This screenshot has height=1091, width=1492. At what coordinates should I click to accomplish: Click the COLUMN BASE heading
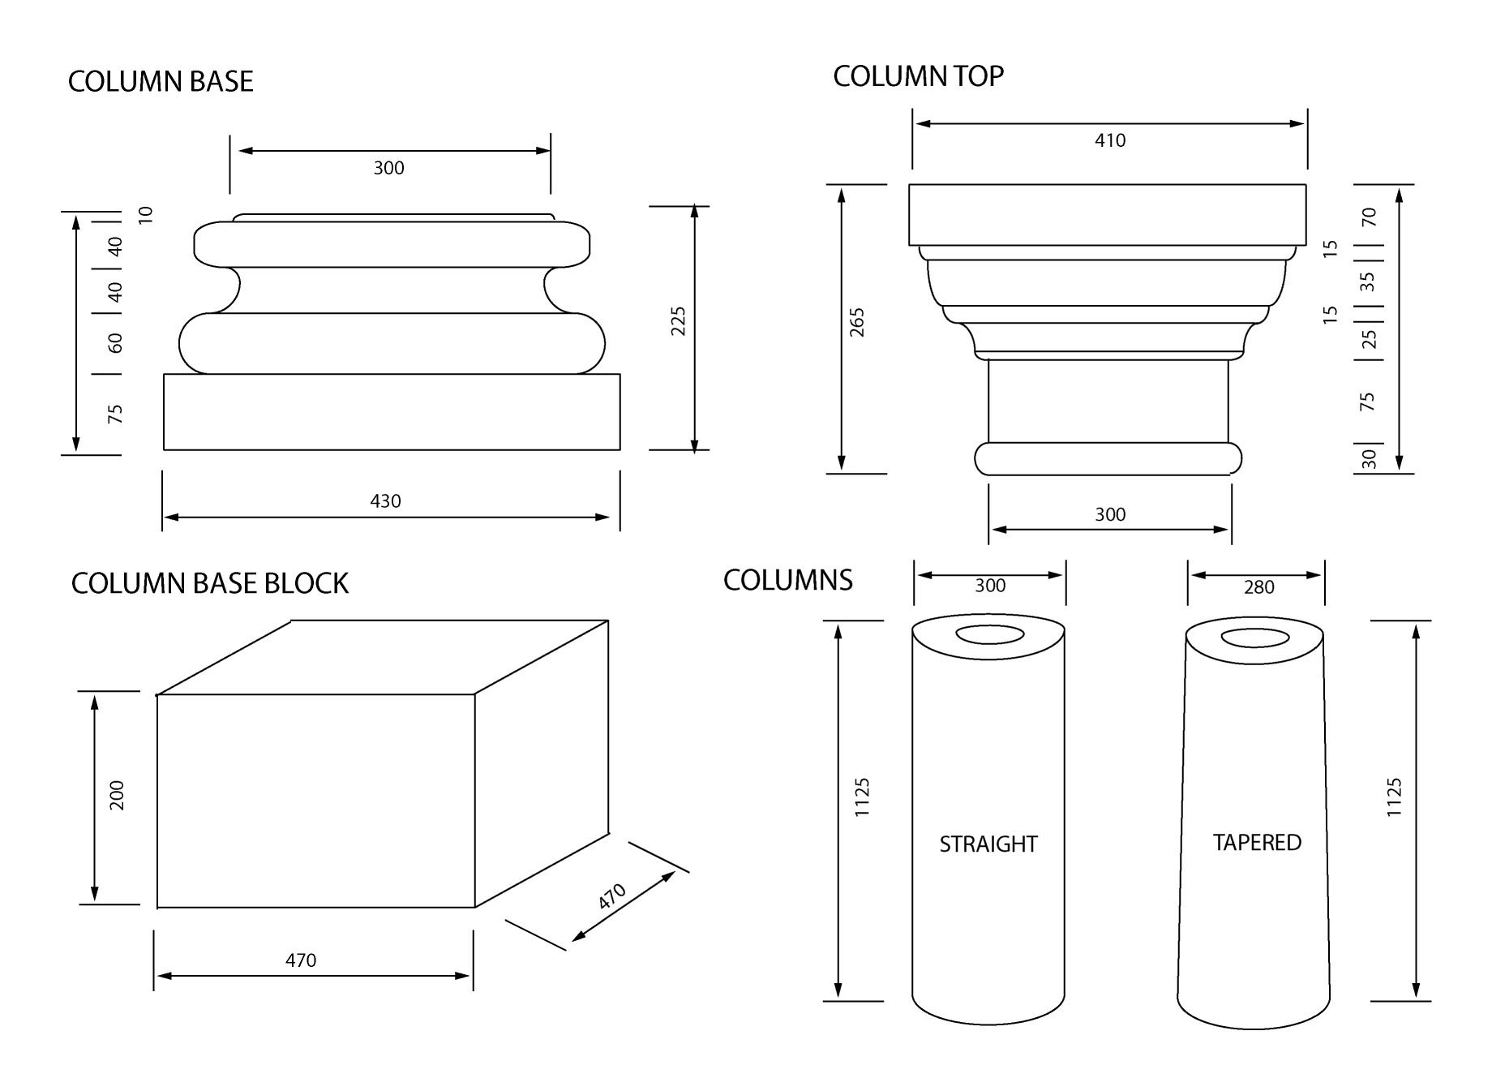point(161,82)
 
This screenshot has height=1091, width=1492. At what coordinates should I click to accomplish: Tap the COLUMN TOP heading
point(918,76)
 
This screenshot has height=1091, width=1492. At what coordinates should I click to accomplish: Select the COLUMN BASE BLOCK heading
point(210,584)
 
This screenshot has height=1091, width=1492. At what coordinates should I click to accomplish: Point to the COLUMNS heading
point(787,581)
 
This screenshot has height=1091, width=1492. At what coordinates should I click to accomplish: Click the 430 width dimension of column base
point(385,501)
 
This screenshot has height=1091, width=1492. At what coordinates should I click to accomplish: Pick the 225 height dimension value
point(679,321)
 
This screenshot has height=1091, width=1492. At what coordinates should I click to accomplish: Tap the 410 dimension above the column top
point(1110,140)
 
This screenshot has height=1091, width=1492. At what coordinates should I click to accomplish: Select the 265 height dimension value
point(857,323)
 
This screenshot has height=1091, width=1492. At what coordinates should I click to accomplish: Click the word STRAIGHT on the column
point(988,844)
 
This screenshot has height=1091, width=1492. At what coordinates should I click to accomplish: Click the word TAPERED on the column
point(1257,843)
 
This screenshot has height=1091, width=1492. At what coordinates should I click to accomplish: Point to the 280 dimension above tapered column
point(1258,587)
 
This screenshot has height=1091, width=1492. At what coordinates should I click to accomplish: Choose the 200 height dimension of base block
point(117,796)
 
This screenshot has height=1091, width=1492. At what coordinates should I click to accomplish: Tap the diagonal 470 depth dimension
point(612,896)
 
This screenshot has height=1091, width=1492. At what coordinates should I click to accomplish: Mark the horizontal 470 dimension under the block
point(301,960)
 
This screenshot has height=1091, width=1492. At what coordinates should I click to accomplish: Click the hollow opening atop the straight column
point(988,634)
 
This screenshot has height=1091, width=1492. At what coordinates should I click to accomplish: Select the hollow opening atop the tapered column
point(1254,638)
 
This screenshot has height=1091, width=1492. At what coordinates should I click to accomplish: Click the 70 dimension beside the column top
point(1369,217)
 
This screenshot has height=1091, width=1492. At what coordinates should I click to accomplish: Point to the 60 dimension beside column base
point(116,343)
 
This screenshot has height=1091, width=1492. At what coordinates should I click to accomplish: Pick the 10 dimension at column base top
point(146,215)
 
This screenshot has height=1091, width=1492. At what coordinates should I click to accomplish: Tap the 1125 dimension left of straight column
point(862,797)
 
